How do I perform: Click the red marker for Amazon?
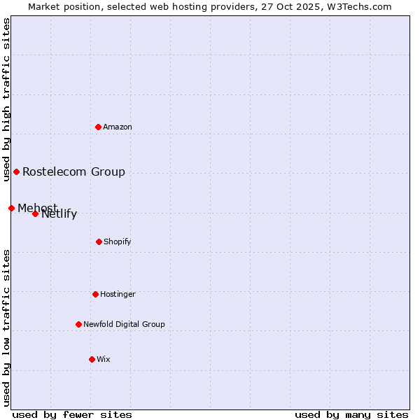coord(98,127)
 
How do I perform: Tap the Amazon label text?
coord(118,127)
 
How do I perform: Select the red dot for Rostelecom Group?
coord(16,171)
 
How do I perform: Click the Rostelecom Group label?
coord(73,171)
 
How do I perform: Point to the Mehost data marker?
coord(11,208)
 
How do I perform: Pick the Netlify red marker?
coord(35,213)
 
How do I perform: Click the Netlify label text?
coord(59,214)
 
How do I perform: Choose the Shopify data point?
coord(99,241)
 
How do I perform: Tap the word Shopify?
coord(118,241)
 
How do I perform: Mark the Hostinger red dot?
coord(95,294)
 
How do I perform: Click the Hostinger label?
coord(118,294)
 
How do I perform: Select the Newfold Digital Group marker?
coord(78,324)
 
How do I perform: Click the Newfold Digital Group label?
coord(124,324)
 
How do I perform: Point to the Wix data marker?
coord(92,359)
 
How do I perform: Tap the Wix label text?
coord(104,359)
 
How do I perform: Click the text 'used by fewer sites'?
coord(72,414)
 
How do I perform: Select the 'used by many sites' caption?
coord(351,414)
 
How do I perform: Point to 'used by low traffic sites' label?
coord(6,328)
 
